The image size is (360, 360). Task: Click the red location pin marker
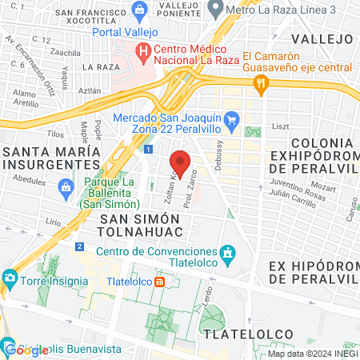[180, 163]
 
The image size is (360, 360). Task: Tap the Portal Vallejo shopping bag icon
[141, 11]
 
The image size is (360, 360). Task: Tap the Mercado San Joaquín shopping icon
[232, 122]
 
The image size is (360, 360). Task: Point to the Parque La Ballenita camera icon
[66, 189]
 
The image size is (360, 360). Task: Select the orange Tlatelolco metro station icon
[161, 282]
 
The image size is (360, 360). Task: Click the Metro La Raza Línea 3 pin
[214, 9]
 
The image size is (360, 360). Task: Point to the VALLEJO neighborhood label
[322, 38]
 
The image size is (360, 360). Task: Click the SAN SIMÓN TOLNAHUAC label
[140, 225]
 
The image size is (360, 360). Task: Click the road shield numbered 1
[149, 149]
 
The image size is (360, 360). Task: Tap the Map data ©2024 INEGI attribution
[313, 354]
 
